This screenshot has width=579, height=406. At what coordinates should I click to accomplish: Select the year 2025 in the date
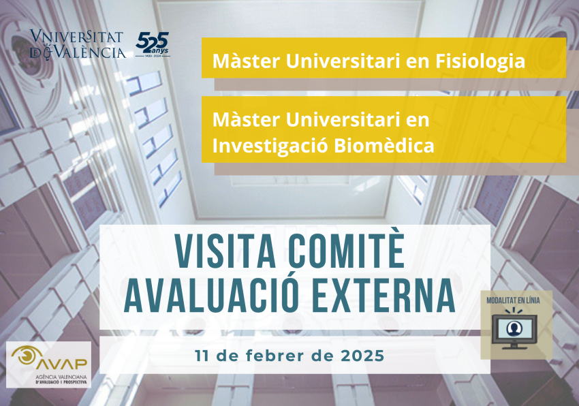click(x=360, y=356)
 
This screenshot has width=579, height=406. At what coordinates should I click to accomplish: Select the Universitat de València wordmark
click(x=78, y=44)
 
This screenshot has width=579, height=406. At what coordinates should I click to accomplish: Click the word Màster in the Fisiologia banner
click(x=239, y=61)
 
